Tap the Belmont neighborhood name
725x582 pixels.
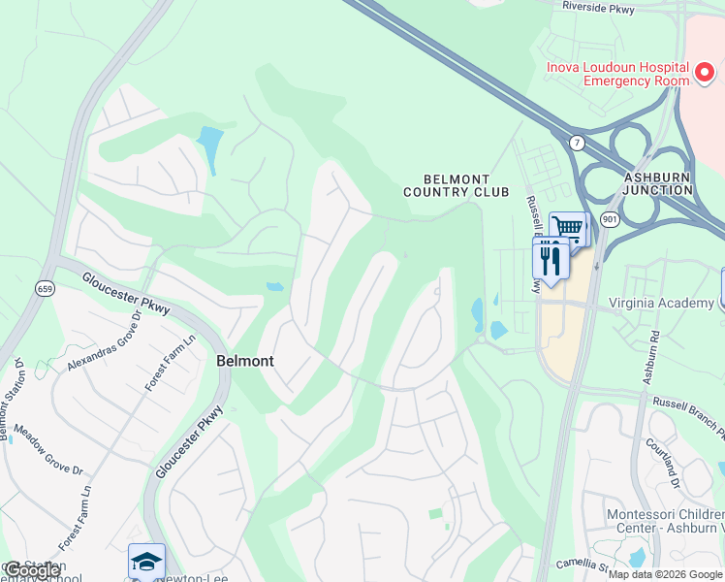[244, 361]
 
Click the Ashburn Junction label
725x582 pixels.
[658, 184]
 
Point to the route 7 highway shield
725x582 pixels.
[577, 143]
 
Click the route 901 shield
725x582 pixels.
[609, 220]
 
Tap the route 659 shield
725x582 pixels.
[46, 288]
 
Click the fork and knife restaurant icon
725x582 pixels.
[550, 260]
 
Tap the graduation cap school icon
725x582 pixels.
[146, 562]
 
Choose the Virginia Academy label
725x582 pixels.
[661, 303]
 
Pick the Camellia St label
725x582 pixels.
[582, 564]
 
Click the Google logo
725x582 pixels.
[33, 570]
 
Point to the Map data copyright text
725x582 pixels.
[664, 574]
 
